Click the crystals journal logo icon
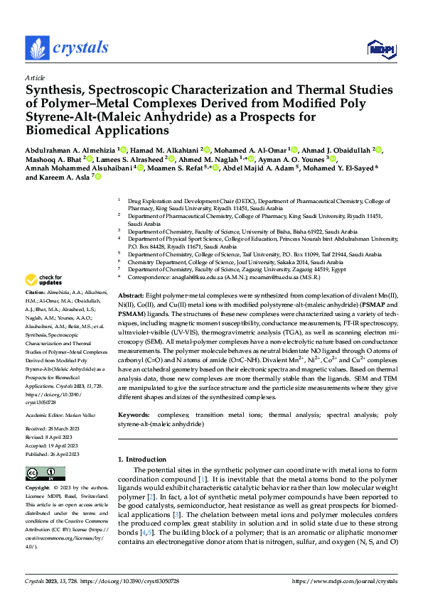tap(36, 48)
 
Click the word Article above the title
tap(35, 77)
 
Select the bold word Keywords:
tap(134, 413)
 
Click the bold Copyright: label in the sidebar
tap(38, 489)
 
